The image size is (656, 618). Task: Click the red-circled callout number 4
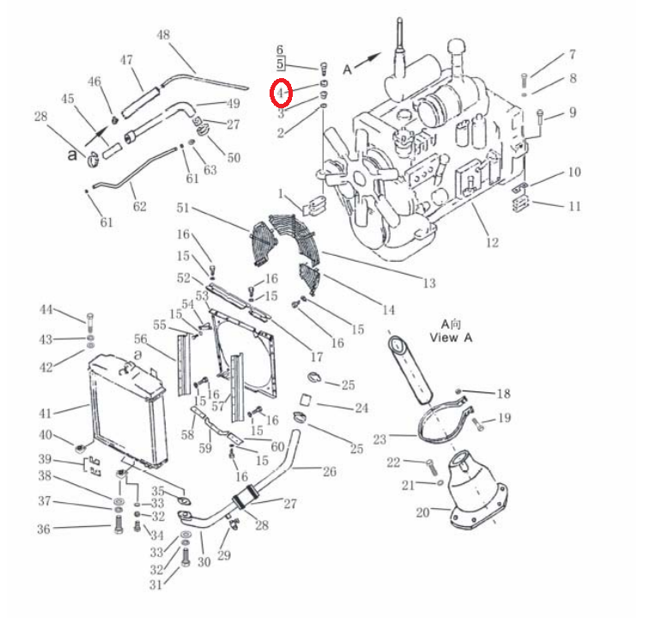280,92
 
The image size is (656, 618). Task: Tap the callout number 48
163,34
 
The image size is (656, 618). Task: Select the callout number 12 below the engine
492,243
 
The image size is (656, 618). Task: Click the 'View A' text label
451,337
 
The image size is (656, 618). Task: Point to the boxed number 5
280,64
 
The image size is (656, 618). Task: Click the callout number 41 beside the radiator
46,414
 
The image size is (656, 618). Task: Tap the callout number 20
423,512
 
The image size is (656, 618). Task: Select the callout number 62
140,206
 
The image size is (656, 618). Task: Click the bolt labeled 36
118,524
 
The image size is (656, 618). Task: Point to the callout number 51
183,208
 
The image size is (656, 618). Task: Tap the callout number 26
330,471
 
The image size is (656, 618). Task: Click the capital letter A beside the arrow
347,70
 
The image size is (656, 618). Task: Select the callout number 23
380,439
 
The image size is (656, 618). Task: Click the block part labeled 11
520,204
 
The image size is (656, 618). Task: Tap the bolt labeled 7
525,80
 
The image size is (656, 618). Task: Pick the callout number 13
429,283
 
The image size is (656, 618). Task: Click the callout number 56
141,339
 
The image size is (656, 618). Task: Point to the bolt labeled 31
185,558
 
